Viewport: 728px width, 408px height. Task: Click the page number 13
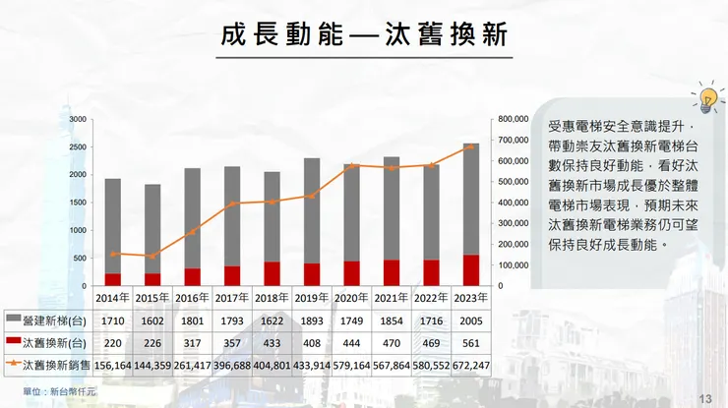coord(704,397)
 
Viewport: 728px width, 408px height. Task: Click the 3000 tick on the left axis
coord(78,119)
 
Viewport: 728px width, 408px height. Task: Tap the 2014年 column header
coord(113,296)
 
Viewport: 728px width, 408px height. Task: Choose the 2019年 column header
coord(311,296)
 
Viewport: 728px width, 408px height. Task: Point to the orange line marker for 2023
coord(469,146)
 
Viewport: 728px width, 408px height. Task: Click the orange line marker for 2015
coord(152,256)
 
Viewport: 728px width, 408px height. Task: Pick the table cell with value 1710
coord(113,320)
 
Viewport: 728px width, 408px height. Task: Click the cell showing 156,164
coord(113,365)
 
